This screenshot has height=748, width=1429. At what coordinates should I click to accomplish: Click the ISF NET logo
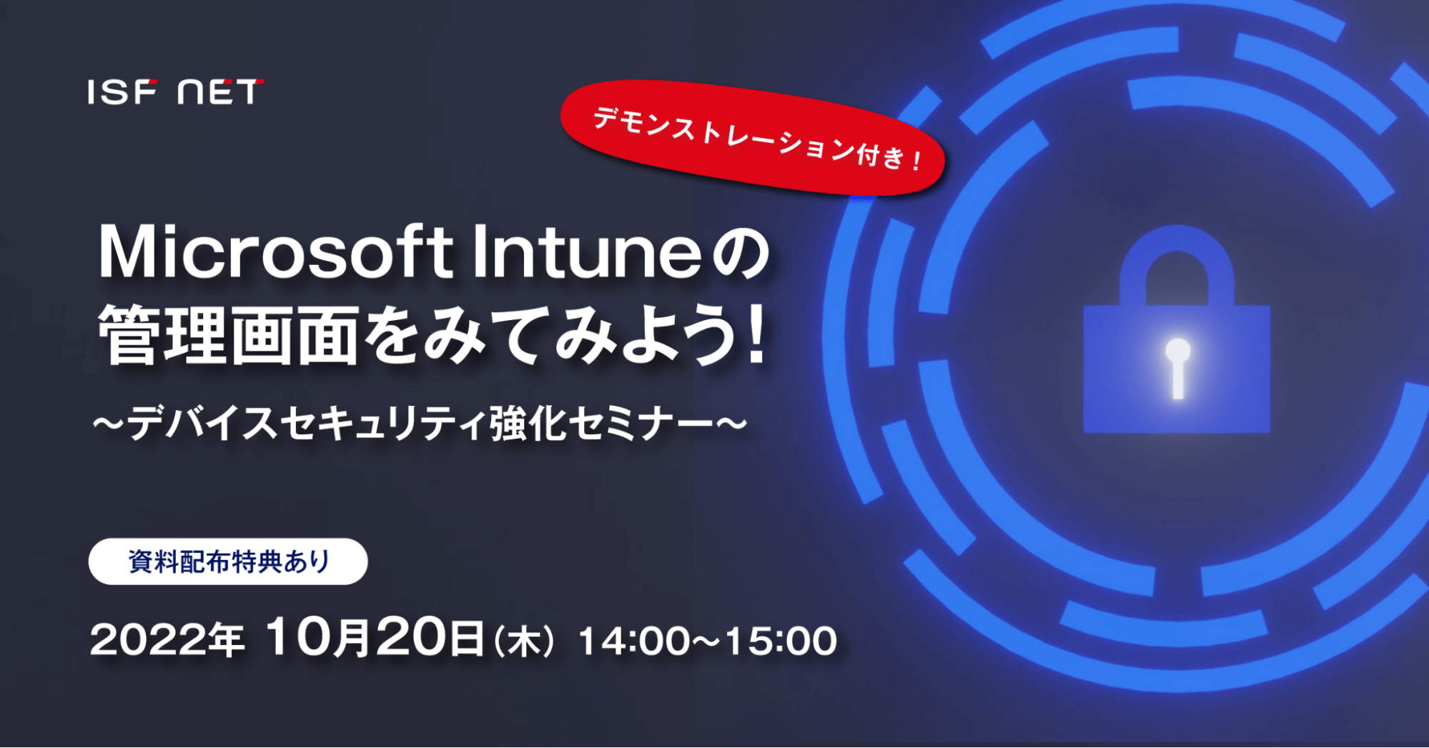[176, 92]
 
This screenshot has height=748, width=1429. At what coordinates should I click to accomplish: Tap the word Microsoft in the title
[276, 252]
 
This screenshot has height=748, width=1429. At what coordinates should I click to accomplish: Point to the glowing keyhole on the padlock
[1177, 368]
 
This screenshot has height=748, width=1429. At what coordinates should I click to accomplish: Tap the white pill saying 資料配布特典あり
[228, 562]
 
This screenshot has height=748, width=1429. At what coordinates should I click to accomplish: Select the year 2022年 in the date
[167, 640]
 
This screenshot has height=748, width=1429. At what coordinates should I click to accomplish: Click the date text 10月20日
[375, 637]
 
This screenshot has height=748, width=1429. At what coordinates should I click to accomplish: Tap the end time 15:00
[781, 641]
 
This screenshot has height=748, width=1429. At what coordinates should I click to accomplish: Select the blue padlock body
[1177, 369]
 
